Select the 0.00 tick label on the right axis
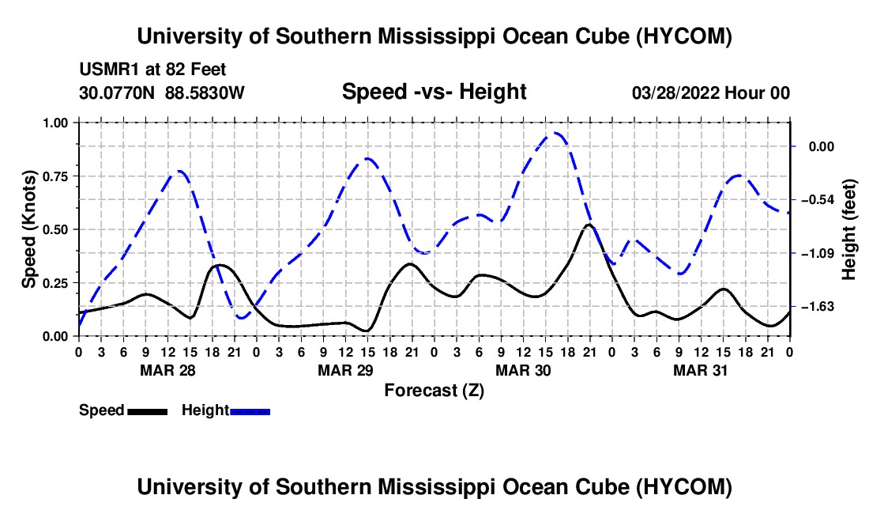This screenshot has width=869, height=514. coord(822,146)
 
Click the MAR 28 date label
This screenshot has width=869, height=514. coord(168,370)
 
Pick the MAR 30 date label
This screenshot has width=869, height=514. coord(523,370)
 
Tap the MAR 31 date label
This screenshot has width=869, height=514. coord(701,370)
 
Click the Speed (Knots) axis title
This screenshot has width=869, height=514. coord(28,229)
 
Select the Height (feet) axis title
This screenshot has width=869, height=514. coord(848,229)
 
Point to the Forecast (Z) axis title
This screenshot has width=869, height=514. coord(434,391)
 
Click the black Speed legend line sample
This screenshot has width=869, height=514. coord(148,412)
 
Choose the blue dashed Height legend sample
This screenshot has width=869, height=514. coord(250,412)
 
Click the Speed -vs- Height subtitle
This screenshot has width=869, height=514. coord(434,92)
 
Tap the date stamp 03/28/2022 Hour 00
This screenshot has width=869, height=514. coord(711,93)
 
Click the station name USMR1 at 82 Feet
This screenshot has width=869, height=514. coord(153,70)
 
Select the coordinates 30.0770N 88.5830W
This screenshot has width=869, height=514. coord(162,93)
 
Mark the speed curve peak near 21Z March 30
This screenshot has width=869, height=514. coord(589,225)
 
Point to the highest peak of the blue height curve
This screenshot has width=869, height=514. coord(556,133)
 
